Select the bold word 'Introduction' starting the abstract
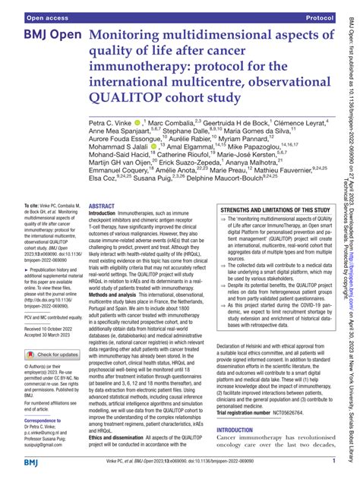click(108, 215)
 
